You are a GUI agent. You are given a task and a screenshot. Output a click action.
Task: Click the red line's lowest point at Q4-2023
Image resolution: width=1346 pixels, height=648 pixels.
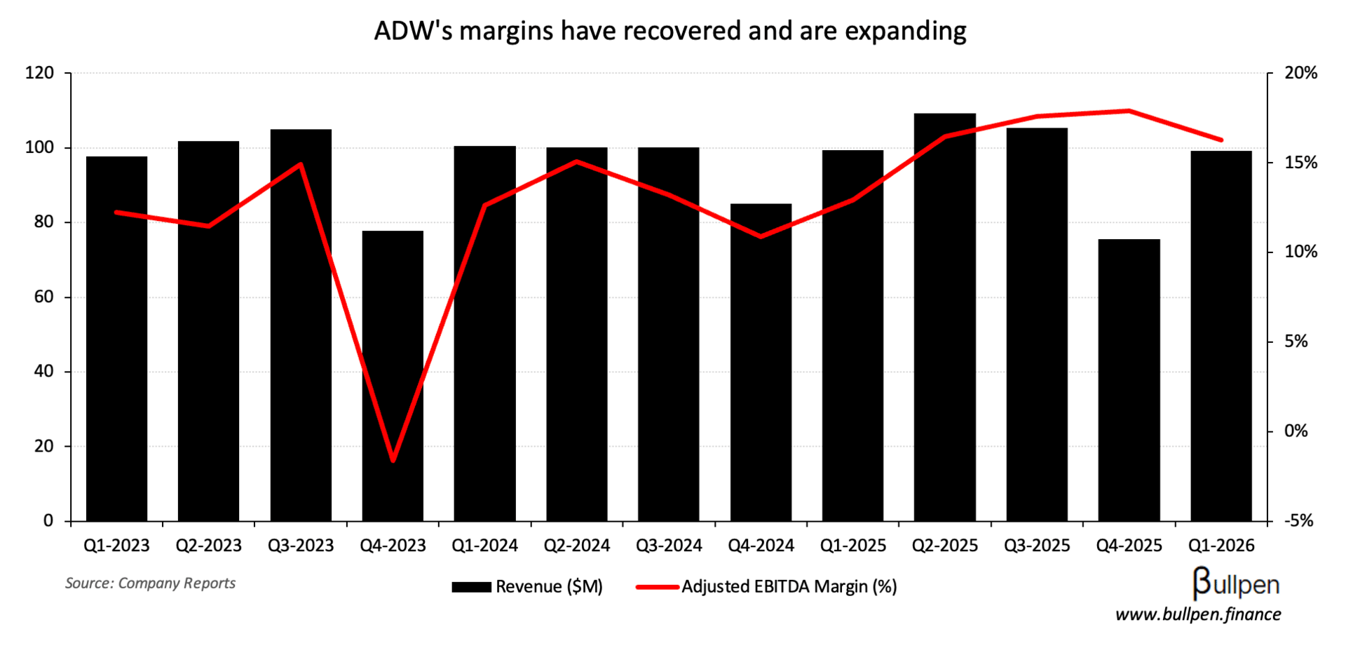(393, 461)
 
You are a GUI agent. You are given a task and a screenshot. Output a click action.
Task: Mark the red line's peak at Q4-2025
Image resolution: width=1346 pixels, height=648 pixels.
(1129, 111)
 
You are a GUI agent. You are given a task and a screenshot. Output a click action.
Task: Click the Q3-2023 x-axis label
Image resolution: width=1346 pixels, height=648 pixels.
(301, 546)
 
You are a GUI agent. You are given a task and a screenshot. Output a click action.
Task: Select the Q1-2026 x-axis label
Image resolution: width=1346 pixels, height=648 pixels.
(1221, 546)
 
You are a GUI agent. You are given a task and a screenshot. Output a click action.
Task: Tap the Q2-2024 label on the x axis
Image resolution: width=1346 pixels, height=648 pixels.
(577, 546)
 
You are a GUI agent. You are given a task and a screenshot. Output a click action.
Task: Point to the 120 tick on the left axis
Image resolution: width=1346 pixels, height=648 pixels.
(39, 73)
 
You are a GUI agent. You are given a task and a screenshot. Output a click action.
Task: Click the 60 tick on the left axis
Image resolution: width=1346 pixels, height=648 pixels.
(43, 297)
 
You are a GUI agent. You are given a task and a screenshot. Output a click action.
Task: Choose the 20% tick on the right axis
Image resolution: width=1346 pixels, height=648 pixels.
(1300, 73)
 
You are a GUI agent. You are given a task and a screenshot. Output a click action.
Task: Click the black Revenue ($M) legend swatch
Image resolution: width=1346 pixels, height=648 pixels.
(471, 587)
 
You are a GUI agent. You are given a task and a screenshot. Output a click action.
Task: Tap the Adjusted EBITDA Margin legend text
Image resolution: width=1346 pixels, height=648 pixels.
(789, 587)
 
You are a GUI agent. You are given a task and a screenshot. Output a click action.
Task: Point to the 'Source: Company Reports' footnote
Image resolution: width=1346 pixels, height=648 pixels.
(150, 583)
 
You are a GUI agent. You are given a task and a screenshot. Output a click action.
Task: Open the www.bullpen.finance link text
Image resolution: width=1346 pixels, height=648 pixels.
(1197, 615)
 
